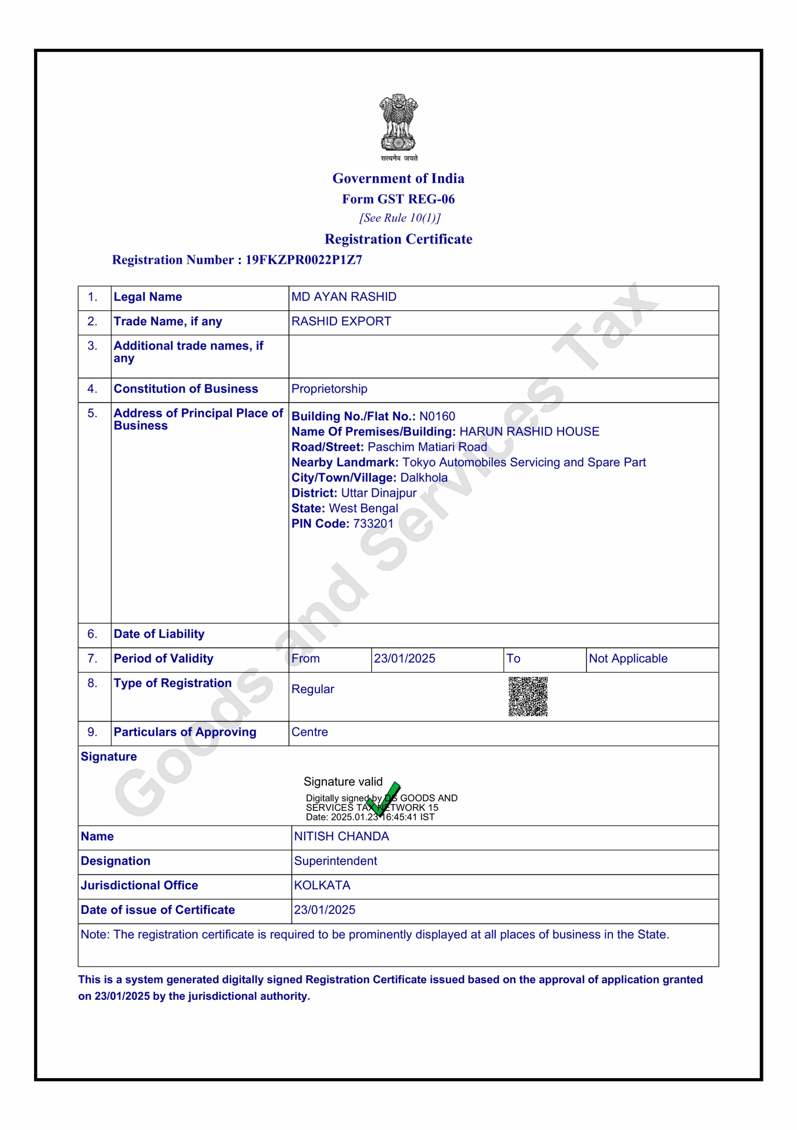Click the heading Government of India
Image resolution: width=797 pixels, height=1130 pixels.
click(398, 178)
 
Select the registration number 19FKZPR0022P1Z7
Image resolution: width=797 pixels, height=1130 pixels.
click(304, 260)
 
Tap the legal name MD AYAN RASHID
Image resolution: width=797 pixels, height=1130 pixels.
click(344, 297)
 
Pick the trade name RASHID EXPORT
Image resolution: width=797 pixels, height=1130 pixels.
click(341, 321)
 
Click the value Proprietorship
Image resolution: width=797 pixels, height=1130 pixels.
click(329, 388)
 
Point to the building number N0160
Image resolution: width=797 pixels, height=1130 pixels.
click(437, 416)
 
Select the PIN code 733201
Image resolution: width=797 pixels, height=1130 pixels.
click(374, 523)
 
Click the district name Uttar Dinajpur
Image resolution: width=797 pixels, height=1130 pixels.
click(379, 493)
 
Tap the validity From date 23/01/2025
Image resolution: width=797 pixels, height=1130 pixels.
click(405, 658)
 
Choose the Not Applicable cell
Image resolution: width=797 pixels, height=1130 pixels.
click(628, 658)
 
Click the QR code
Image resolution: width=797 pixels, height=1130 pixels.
click(528, 696)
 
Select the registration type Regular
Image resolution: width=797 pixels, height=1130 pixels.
click(313, 689)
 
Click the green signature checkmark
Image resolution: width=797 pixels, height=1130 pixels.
click(384, 799)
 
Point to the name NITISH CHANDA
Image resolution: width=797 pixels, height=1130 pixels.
click(341, 836)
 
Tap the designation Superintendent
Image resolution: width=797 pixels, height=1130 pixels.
click(335, 861)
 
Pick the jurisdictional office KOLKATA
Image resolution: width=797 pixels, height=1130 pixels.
click(322, 885)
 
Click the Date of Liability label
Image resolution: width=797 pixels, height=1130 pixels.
click(159, 634)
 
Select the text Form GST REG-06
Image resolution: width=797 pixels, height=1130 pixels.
click(398, 199)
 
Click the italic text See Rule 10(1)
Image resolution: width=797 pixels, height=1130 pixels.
click(400, 218)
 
